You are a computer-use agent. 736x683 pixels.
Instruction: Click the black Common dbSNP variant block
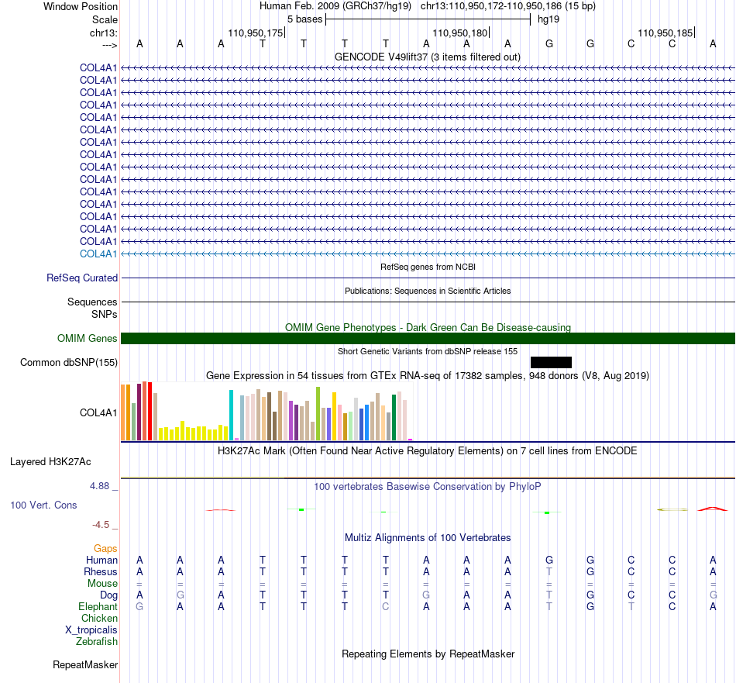(551, 362)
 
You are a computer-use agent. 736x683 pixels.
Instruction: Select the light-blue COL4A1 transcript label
(98, 254)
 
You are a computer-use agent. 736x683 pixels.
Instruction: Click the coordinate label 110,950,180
(459, 33)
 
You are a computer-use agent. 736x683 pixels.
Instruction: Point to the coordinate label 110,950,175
(256, 33)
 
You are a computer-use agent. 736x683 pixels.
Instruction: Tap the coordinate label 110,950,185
(665, 33)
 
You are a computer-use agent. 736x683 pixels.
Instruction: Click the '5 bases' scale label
(304, 19)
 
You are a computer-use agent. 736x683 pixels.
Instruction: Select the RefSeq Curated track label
(81, 278)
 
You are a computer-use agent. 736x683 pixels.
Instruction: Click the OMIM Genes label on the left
(87, 338)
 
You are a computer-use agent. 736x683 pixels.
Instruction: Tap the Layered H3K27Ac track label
(50, 462)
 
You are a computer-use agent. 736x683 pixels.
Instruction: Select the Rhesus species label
(101, 571)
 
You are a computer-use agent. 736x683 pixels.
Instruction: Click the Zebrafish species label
(96, 641)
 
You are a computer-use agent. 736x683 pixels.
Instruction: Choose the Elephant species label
(98, 606)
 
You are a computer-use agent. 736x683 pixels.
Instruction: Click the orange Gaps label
(105, 548)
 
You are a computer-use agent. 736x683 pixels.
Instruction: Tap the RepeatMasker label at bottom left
(85, 664)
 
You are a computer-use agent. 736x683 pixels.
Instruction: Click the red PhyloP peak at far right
(713, 509)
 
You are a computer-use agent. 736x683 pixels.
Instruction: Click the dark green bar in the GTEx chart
(394, 417)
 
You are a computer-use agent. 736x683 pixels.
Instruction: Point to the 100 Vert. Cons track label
(43, 505)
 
